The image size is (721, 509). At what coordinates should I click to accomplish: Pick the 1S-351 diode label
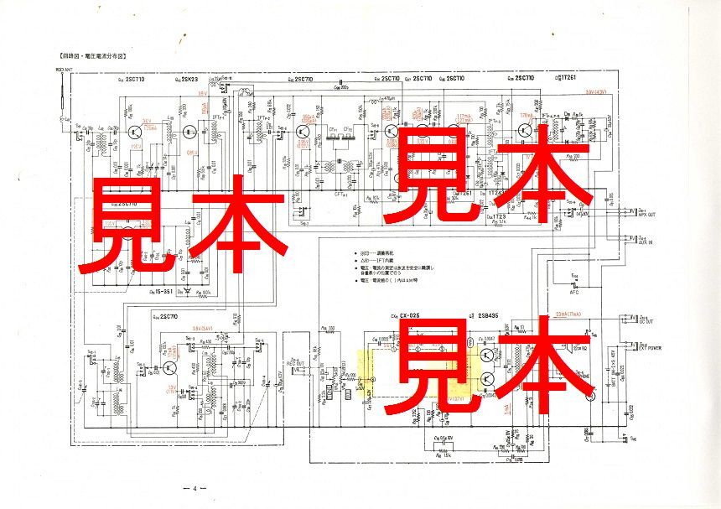pyautogui.click(x=163, y=291)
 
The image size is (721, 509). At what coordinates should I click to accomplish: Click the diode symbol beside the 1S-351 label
pyautogui.click(x=185, y=291)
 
